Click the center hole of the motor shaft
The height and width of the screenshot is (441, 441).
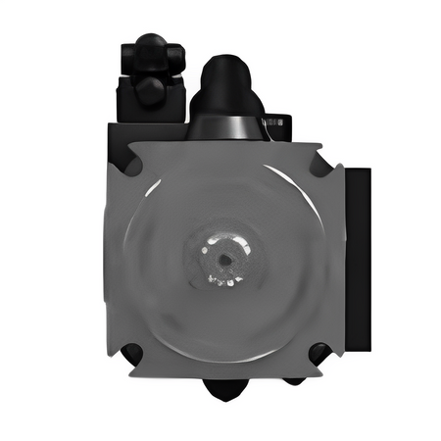click(224, 258)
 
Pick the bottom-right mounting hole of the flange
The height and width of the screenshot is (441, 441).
click(319, 354)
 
